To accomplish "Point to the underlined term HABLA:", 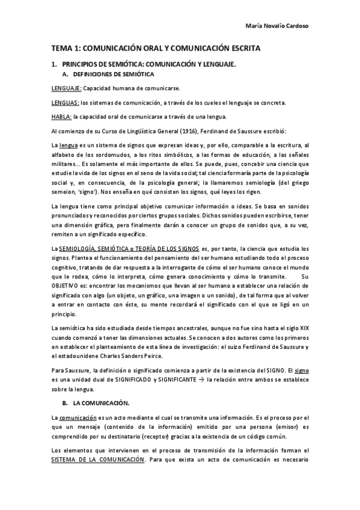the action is [x=61, y=117].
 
